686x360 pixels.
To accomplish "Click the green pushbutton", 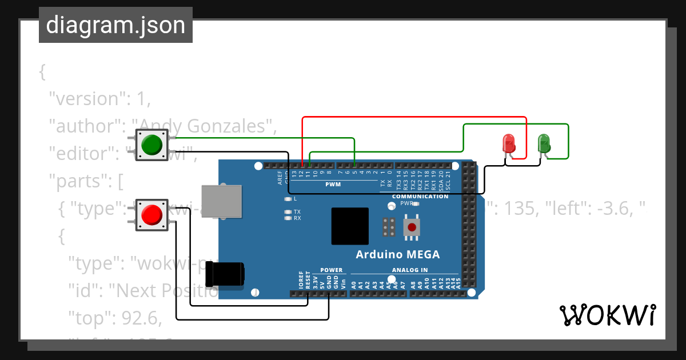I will click(x=151, y=145).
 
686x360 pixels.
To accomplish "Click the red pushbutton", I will click(x=151, y=215).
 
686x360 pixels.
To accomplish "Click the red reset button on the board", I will click(x=412, y=227).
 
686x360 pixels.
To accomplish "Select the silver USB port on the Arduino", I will click(x=221, y=201).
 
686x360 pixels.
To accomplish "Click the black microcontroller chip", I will click(x=350, y=226).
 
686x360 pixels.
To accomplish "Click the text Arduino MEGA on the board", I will click(x=398, y=254).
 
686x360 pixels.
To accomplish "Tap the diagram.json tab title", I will click(x=115, y=25).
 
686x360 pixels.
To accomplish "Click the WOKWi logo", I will click(x=607, y=315).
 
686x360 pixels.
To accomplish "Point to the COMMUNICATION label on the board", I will click(x=420, y=197).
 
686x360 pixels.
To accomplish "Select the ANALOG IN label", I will click(x=410, y=270).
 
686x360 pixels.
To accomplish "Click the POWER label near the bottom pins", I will click(x=332, y=270).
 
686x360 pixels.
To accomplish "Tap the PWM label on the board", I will click(x=333, y=185).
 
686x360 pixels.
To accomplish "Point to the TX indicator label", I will click(x=297, y=212).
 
